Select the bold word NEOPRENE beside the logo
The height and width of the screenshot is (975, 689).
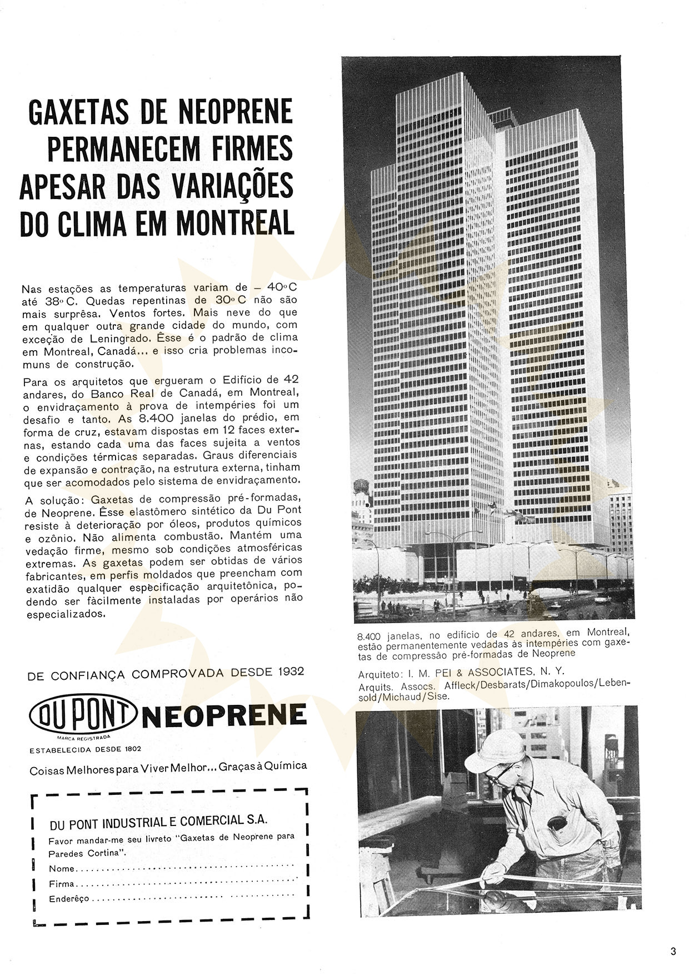224,715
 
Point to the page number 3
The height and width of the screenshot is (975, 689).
673,951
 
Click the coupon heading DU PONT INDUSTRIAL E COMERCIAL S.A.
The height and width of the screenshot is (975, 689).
158,821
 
